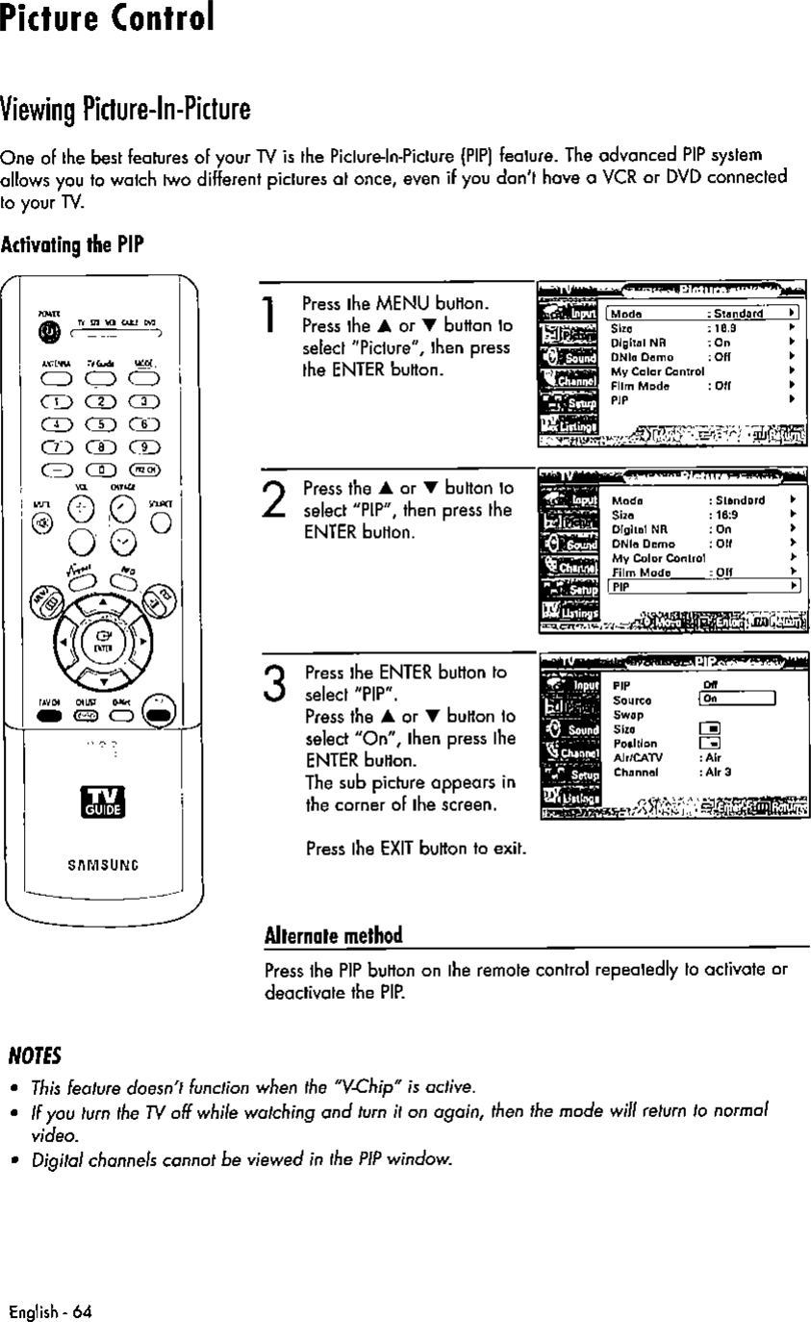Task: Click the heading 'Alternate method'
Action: tap(333, 936)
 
